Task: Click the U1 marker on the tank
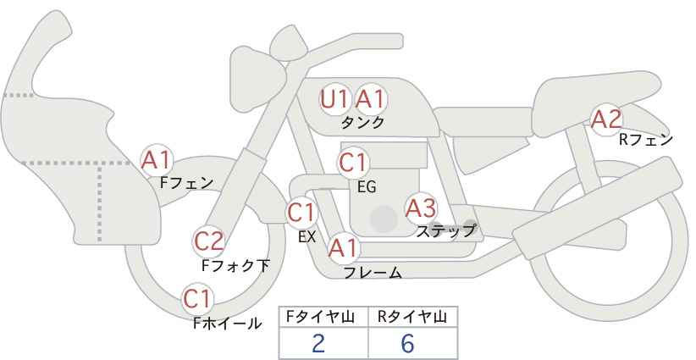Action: (334, 99)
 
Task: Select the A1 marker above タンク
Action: (370, 99)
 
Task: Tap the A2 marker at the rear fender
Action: (606, 119)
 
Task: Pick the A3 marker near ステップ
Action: (421, 207)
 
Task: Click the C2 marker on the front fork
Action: (208, 241)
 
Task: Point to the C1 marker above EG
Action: (353, 162)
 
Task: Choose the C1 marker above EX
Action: (301, 213)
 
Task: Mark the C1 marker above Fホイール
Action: (198, 298)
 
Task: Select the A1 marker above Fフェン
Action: (157, 159)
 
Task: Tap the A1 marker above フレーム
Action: (343, 248)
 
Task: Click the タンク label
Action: (362, 122)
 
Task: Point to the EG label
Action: (367, 186)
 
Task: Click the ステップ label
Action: (446, 230)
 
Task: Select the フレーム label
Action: (373, 273)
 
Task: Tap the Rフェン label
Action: (646, 140)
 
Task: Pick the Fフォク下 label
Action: (235, 266)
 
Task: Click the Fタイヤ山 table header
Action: (323, 317)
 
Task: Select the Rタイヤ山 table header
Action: (412, 317)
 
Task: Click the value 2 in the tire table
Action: (318, 343)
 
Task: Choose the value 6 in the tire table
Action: (408, 343)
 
